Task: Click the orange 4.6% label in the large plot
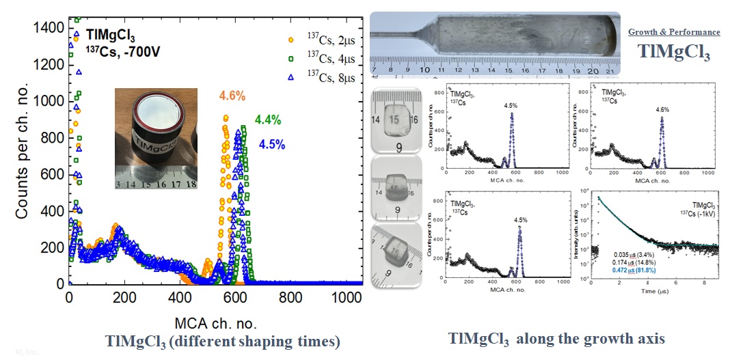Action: pyautogui.click(x=232, y=96)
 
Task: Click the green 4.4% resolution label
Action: pyautogui.click(x=268, y=120)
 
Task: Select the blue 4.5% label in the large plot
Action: pyautogui.click(x=273, y=144)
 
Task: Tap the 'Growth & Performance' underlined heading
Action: pyautogui.click(x=674, y=32)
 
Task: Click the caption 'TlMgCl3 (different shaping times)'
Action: pyautogui.click(x=223, y=341)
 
